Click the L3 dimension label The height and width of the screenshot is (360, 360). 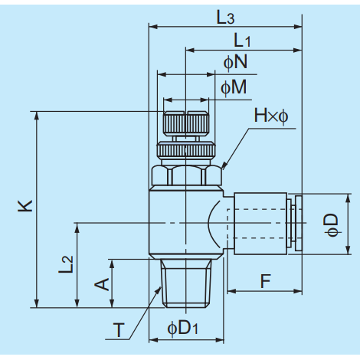click(x=225, y=18)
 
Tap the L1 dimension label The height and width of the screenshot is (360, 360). click(x=242, y=41)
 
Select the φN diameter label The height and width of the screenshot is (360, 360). click(x=235, y=62)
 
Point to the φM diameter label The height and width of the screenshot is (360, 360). click(x=234, y=87)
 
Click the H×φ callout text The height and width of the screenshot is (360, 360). click(x=271, y=116)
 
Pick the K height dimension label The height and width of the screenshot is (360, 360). click(x=25, y=205)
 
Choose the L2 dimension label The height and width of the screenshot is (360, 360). click(x=66, y=264)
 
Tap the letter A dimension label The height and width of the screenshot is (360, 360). click(x=102, y=284)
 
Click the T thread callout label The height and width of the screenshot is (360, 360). click(x=119, y=330)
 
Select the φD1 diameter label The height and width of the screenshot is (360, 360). click(x=182, y=328)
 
